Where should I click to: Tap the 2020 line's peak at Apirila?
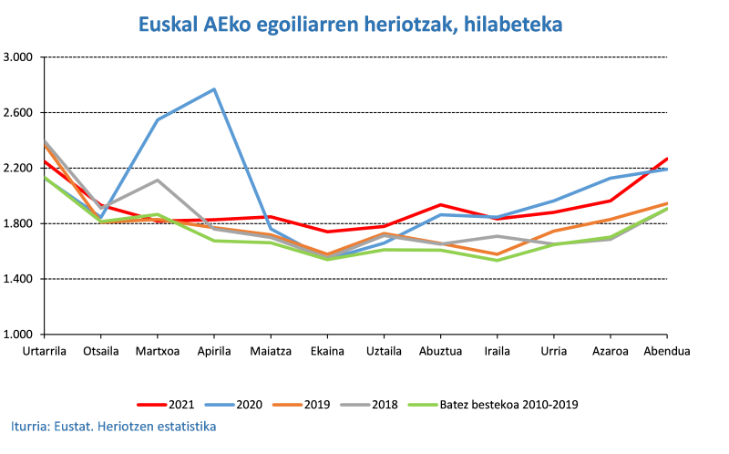[214, 89]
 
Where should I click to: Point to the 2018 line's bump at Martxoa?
[157, 180]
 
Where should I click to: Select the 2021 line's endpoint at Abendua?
[667, 159]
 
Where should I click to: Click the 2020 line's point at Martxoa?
[157, 119]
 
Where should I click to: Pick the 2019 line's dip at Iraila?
[497, 254]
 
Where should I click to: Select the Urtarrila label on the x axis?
[45, 351]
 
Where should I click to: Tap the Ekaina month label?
[327, 351]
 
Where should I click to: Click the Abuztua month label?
[440, 351]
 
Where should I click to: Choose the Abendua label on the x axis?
[666, 351]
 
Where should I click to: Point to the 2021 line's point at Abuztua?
[440, 205]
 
